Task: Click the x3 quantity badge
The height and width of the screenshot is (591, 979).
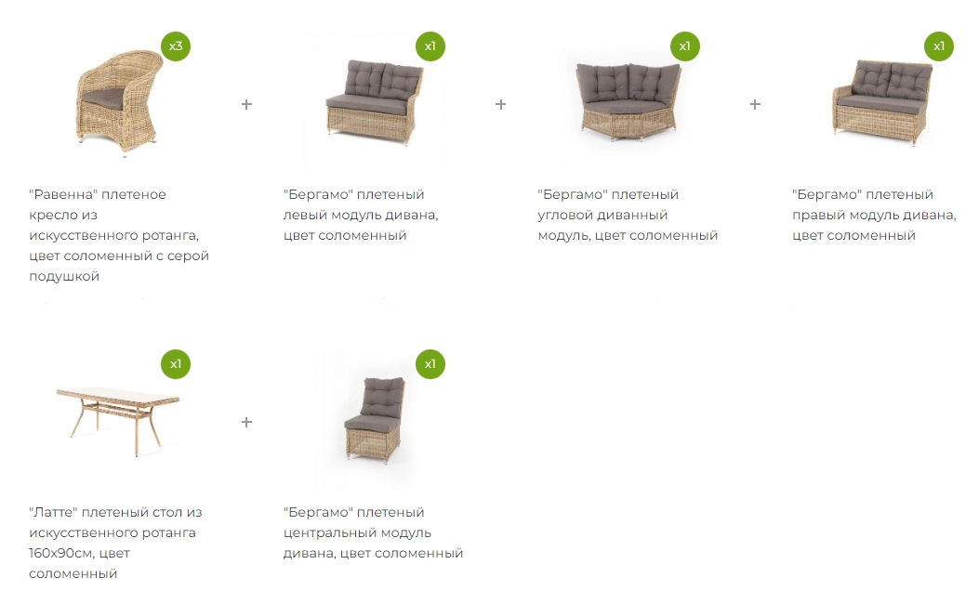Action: click(x=176, y=46)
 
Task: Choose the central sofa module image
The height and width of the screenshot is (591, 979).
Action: click(x=375, y=419)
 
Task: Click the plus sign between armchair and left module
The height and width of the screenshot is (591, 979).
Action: click(x=246, y=104)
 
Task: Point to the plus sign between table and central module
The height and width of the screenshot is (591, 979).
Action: click(x=246, y=423)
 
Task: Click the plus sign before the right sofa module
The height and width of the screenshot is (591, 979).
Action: click(x=755, y=104)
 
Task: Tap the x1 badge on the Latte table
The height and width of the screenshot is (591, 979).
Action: click(x=176, y=364)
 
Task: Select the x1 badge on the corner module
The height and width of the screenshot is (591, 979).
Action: click(x=685, y=46)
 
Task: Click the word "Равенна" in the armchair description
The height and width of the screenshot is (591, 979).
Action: click(x=63, y=194)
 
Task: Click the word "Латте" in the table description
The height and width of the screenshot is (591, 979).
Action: click(x=54, y=512)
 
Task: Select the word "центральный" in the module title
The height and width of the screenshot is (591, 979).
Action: click(x=357, y=533)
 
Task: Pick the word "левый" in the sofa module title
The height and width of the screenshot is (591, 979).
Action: click(x=306, y=216)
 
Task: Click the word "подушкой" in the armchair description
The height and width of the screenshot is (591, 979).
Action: click(x=64, y=277)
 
